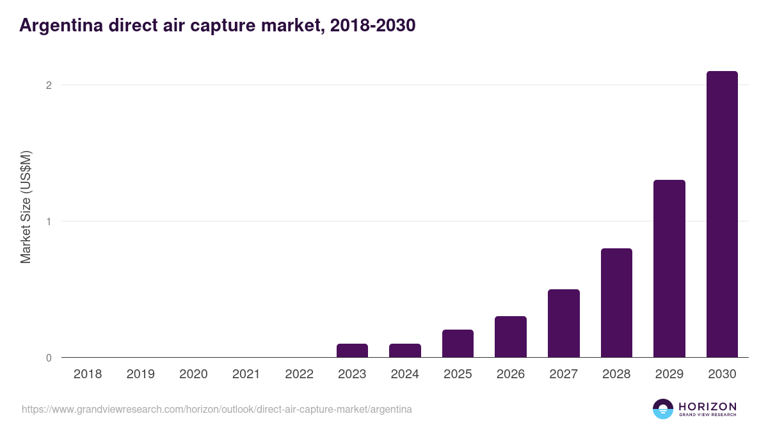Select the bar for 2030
[x=722, y=214]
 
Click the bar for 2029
[x=669, y=269]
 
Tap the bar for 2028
[x=616, y=303]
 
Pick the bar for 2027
[x=563, y=323]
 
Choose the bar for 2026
[x=511, y=337]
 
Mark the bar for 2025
[x=458, y=344]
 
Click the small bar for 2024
[x=405, y=351]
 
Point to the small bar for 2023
[x=352, y=351]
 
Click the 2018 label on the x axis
[x=88, y=374]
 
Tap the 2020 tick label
[x=193, y=374]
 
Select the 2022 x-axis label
[x=299, y=374]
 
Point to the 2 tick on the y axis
[x=48, y=85]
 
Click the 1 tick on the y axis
[x=48, y=221]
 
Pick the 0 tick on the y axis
[x=48, y=358]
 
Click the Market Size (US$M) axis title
[x=26, y=207]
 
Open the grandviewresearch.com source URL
[x=217, y=409]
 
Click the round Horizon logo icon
[x=663, y=409]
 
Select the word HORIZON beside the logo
[x=708, y=406]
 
